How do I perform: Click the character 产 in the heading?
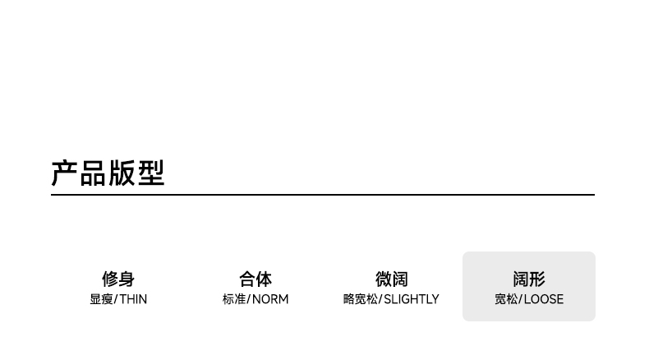[x=65, y=173]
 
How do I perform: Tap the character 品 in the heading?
[x=94, y=173]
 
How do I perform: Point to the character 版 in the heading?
[x=122, y=173]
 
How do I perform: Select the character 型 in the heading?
[x=151, y=173]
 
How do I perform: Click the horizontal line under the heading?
[x=322, y=195]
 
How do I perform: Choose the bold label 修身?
[x=118, y=279]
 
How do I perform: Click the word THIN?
[x=133, y=299]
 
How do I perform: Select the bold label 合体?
[x=255, y=279]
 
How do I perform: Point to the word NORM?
[x=270, y=299]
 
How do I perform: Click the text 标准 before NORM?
[x=234, y=299]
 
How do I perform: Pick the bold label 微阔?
[x=391, y=279]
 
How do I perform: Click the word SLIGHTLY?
[x=412, y=299]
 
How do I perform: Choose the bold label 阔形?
[x=529, y=279]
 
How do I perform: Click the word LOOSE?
[x=544, y=299]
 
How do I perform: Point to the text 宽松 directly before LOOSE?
[x=506, y=299]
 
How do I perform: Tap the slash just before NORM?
[x=249, y=299]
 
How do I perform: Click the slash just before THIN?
[x=116, y=299]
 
